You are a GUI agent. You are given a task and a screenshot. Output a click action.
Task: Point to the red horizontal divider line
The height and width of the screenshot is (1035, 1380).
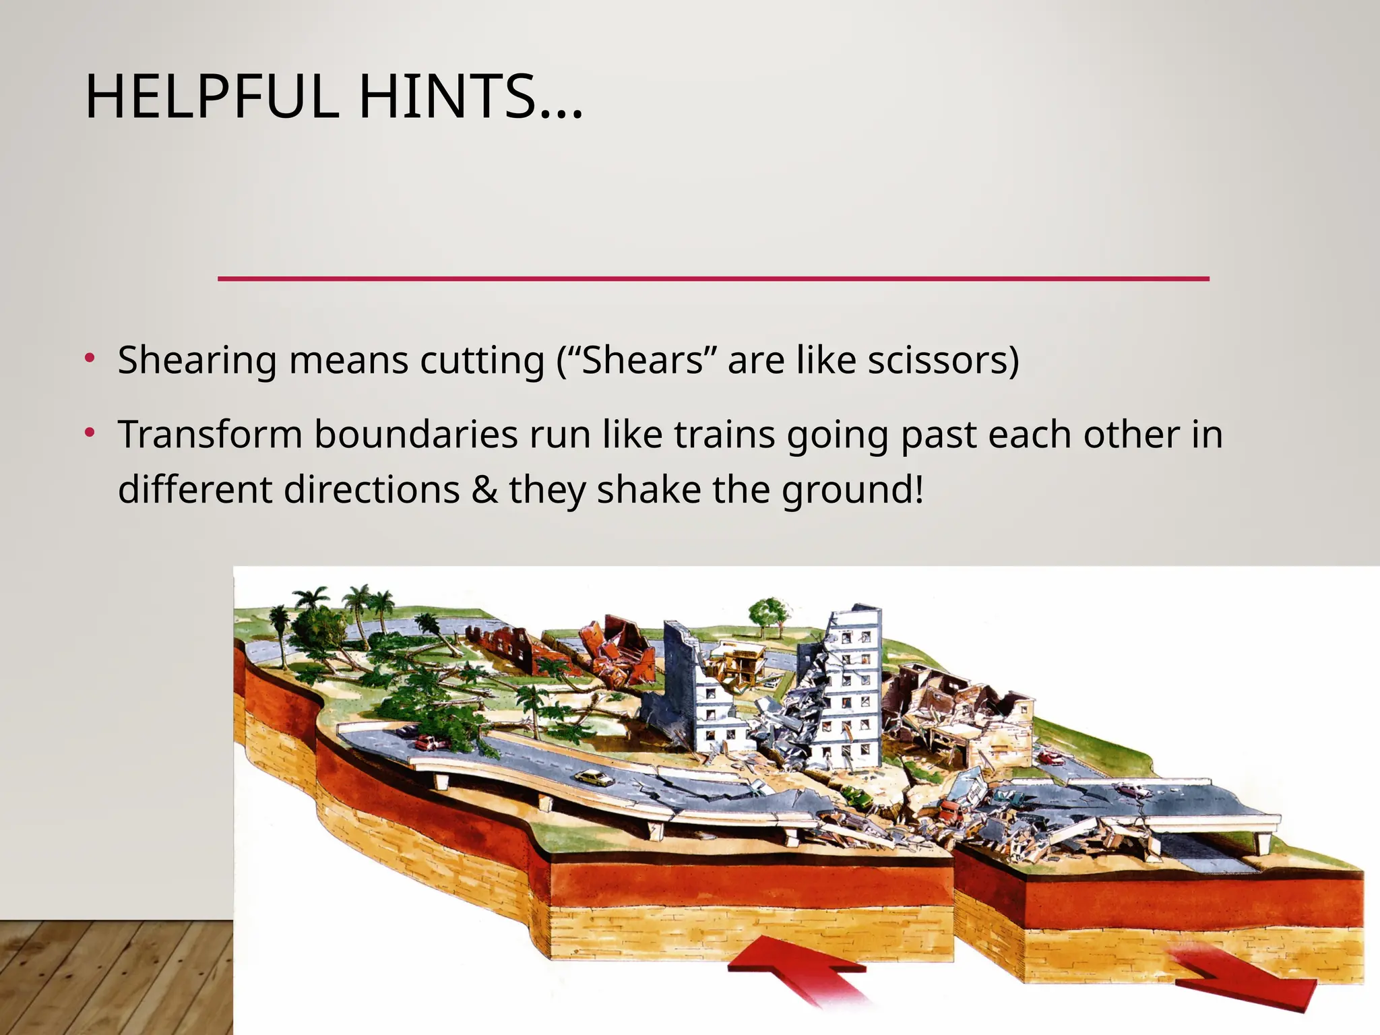coord(713,278)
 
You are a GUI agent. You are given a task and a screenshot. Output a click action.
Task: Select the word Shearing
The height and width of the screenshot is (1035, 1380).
coord(197,360)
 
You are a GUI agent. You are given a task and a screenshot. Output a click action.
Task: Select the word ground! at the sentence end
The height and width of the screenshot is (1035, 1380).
coord(852,491)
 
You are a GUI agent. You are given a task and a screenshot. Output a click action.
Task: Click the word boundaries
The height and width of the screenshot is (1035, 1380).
coord(416,435)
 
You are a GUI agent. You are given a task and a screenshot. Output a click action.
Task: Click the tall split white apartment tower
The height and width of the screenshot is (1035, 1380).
coord(850,681)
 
